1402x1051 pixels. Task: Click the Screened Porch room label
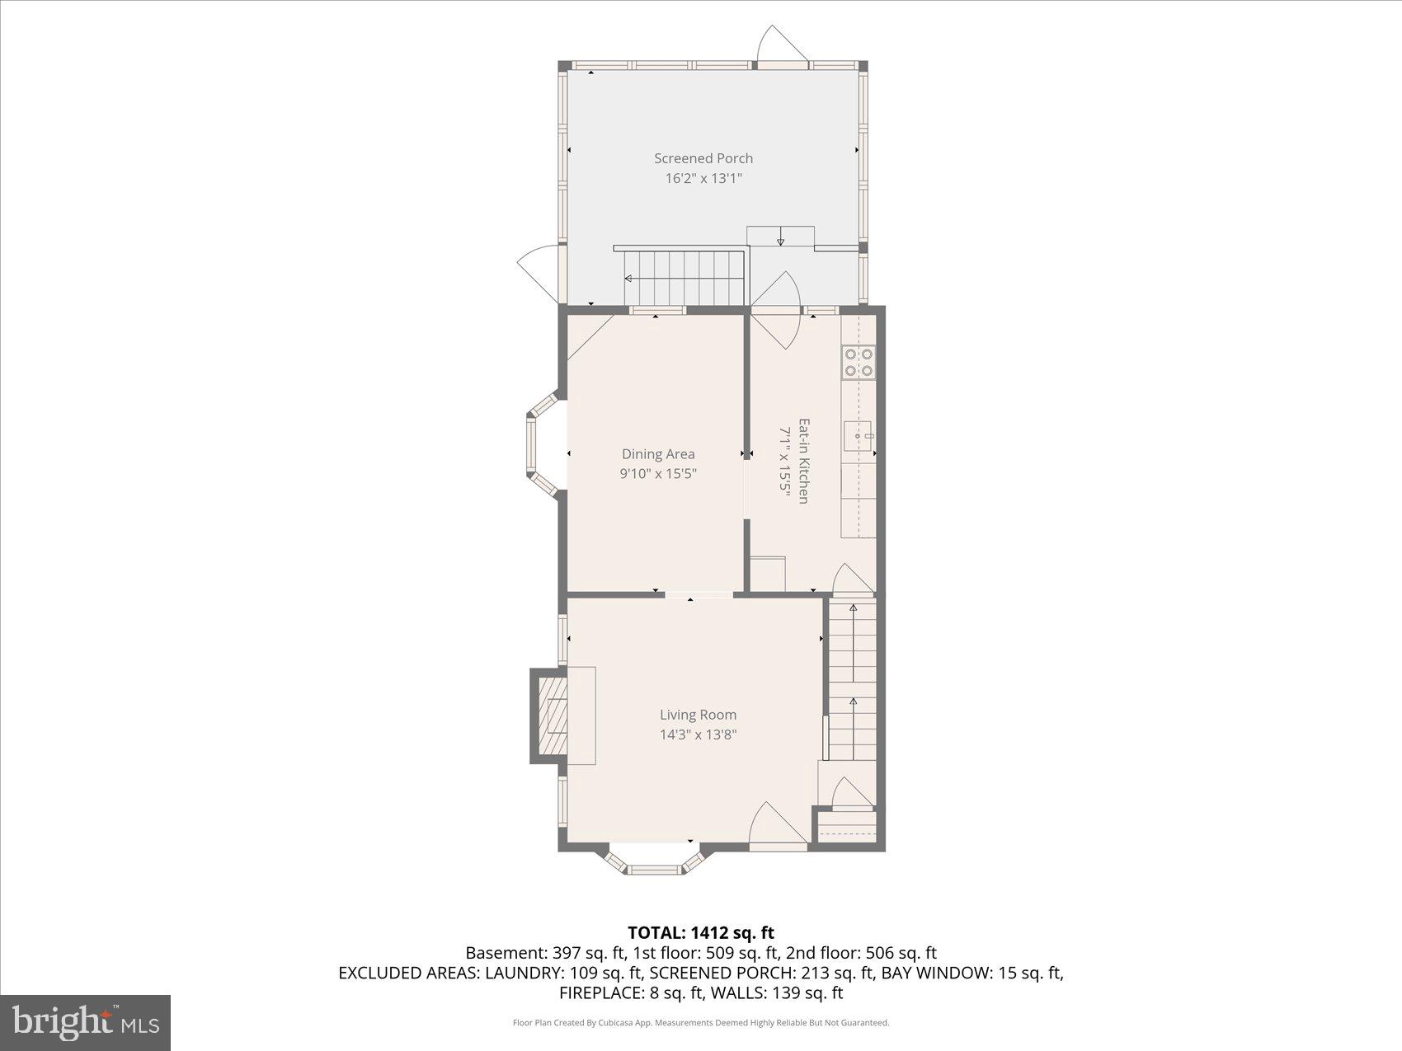(x=703, y=158)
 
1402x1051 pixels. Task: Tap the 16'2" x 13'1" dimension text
(x=703, y=178)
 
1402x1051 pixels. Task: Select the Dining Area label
(x=658, y=454)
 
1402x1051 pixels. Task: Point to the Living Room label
(x=698, y=716)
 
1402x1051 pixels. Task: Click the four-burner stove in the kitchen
(x=859, y=363)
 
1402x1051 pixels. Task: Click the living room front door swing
(x=775, y=824)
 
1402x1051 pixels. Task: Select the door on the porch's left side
(x=540, y=272)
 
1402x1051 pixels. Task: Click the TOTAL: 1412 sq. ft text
(x=701, y=933)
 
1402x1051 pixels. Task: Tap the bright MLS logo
(x=86, y=1023)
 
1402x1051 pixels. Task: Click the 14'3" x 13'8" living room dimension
(x=698, y=735)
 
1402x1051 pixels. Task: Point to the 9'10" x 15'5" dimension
(x=658, y=474)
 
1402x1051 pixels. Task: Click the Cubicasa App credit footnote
(x=701, y=1023)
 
